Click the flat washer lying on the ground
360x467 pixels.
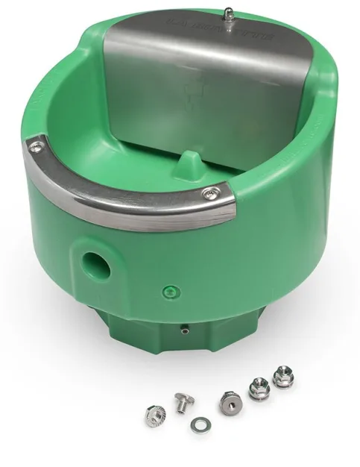click(x=198, y=424)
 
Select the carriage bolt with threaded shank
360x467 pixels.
click(x=182, y=403)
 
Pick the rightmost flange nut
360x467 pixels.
click(x=282, y=376)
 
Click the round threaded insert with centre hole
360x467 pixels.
click(x=229, y=401)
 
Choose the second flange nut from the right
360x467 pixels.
click(x=259, y=387)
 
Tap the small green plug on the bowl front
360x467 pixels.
click(x=171, y=290)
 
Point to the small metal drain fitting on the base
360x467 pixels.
click(x=183, y=326)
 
